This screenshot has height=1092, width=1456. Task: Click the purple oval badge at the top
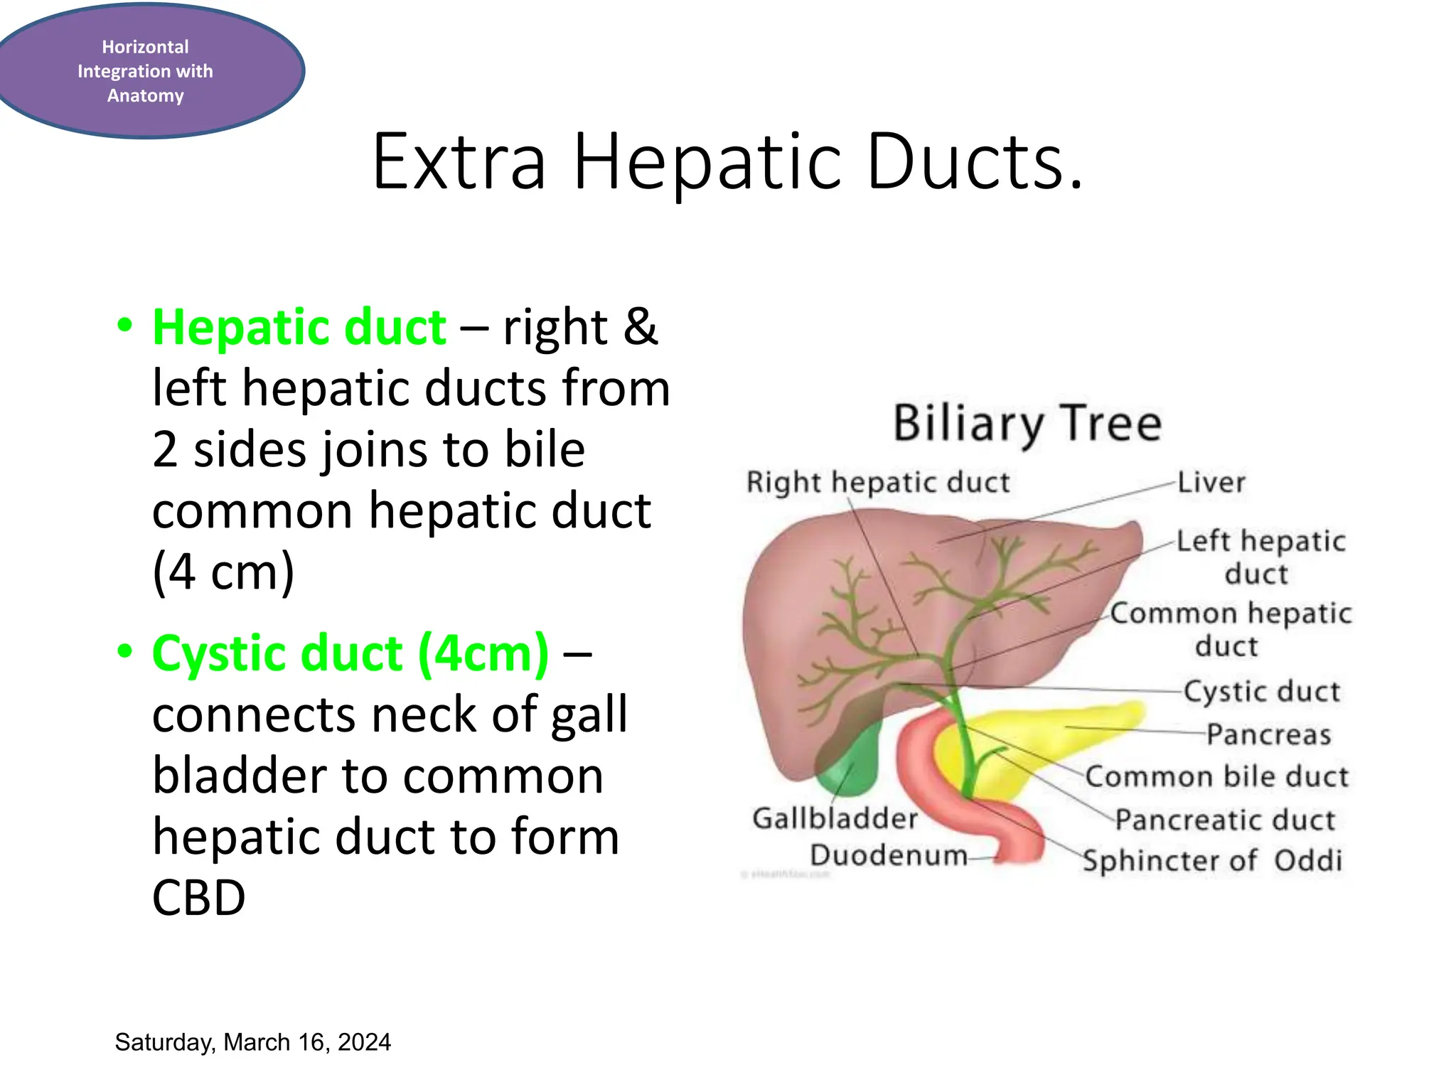point(146,70)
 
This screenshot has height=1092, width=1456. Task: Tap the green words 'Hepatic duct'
point(299,328)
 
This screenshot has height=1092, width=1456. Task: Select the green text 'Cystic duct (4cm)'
point(350,653)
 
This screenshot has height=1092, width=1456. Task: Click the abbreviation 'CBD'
point(199,897)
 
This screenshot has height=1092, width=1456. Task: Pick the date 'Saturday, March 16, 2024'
point(252,1042)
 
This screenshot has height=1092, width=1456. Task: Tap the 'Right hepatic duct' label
point(878,483)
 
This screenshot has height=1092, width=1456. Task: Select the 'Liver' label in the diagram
point(1211,483)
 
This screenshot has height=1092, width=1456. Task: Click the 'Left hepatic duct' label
point(1260,557)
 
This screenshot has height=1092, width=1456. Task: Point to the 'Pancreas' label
point(1269,734)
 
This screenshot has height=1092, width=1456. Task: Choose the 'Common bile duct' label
point(1217,776)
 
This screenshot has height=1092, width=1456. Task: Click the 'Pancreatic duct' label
point(1225,820)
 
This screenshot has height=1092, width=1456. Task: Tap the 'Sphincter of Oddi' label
point(1213,861)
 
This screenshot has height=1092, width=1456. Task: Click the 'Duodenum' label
point(889,855)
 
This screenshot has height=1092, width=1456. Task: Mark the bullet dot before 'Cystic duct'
point(125,651)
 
